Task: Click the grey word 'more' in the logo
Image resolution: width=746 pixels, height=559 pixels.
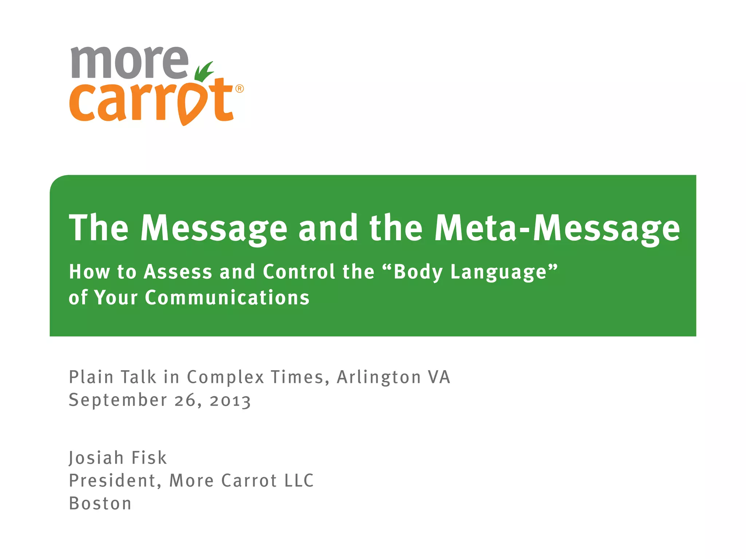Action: pos(129,63)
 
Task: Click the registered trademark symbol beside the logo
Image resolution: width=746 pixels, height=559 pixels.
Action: pos(239,89)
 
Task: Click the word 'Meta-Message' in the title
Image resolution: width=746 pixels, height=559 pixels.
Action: pos(557,228)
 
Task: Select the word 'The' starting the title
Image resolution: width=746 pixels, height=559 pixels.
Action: pos(99,228)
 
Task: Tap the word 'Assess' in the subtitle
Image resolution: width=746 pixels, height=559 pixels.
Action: pos(178,272)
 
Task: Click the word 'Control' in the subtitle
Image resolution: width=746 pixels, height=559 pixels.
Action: pos(298,272)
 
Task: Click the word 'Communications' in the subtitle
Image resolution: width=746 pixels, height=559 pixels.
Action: pos(227,298)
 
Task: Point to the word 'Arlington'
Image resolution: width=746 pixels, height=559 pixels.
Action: pos(379,377)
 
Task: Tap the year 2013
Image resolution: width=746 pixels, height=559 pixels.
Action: pos(230,401)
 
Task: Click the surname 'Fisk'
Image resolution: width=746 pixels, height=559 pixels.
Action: pos(149,458)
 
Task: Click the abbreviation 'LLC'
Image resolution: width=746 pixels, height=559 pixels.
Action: pos(299,481)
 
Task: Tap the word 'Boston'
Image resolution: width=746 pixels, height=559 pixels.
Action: pos(100,504)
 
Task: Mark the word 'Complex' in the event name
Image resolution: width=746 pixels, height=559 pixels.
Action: pos(225,377)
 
